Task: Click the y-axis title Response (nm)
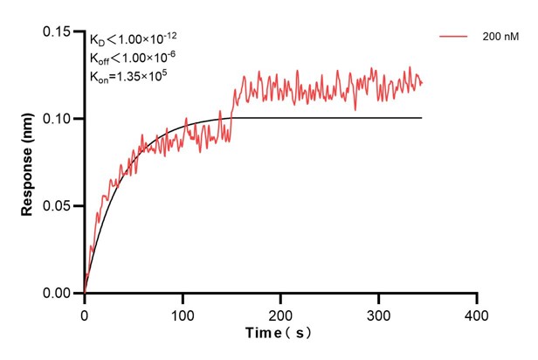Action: pos(27,162)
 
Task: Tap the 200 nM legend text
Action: pos(500,38)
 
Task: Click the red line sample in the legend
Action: pos(454,38)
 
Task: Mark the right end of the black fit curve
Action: pos(422,118)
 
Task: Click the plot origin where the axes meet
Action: pos(85,294)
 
